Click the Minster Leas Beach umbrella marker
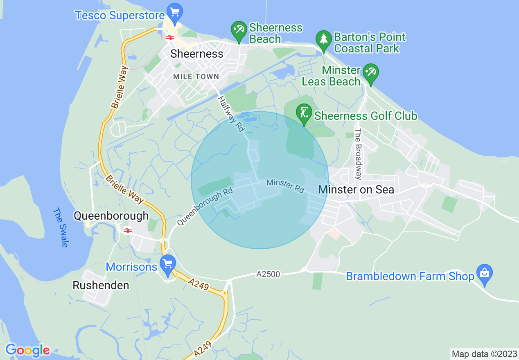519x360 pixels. [371, 73]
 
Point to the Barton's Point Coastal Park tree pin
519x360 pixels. [324, 40]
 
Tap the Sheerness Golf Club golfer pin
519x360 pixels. [304, 113]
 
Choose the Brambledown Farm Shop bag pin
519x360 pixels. [485, 273]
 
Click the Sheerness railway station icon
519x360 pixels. [170, 38]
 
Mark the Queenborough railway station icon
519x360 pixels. [128, 231]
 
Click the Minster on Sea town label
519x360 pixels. [356, 189]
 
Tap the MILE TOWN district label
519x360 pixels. [196, 76]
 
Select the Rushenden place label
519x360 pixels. [101, 285]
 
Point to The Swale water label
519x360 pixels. [60, 227]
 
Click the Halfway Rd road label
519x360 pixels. [231, 114]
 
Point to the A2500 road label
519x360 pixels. [269, 274]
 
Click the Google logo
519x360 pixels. [27, 350]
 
